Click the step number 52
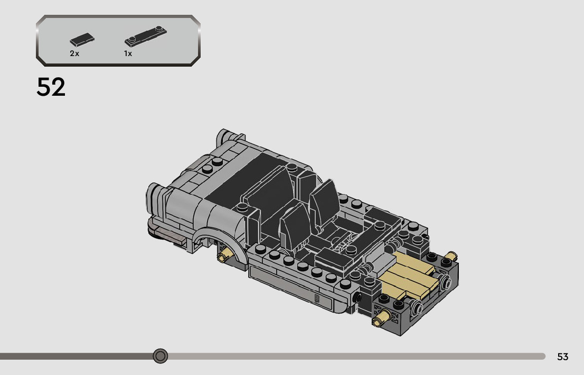point(51,87)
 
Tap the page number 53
point(562,356)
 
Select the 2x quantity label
point(74,54)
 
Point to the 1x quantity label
point(128,54)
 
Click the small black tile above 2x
point(82,39)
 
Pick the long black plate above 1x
point(145,36)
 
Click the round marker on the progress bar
point(161,356)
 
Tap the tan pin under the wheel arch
point(226,256)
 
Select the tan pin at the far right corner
point(450,256)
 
